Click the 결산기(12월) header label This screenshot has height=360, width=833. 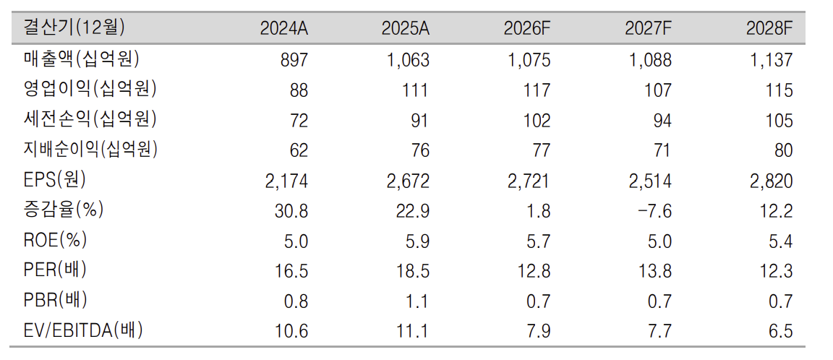click(x=75, y=28)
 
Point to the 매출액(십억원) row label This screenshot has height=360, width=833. click(x=82, y=59)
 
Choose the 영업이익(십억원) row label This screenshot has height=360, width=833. click(x=90, y=89)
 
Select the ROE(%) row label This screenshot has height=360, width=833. click(x=55, y=241)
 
